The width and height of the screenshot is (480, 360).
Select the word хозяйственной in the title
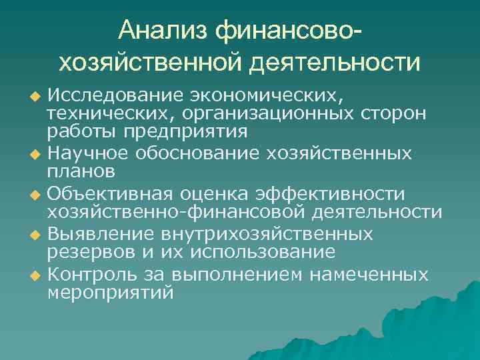pyautogui.click(x=151, y=63)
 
